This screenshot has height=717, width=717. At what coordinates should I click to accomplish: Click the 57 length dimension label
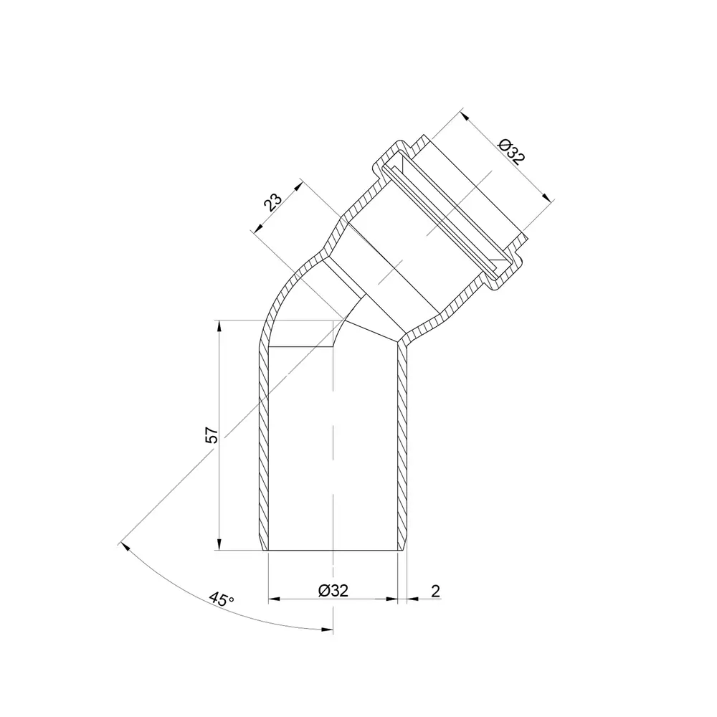[x=212, y=435]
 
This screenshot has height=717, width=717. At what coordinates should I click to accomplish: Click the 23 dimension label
[x=272, y=201]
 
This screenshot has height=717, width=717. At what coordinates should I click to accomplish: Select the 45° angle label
[x=222, y=599]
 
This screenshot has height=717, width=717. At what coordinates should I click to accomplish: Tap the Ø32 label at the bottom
[x=333, y=590]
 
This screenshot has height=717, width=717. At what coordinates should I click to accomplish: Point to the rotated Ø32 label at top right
[x=512, y=151]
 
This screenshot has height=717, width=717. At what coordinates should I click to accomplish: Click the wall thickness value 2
[x=435, y=591]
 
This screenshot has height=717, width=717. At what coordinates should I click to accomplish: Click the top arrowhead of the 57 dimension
[x=219, y=326]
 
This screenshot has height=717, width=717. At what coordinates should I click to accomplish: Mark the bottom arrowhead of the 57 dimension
[x=219, y=543]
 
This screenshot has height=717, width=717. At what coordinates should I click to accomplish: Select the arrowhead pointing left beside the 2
[x=412, y=599]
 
